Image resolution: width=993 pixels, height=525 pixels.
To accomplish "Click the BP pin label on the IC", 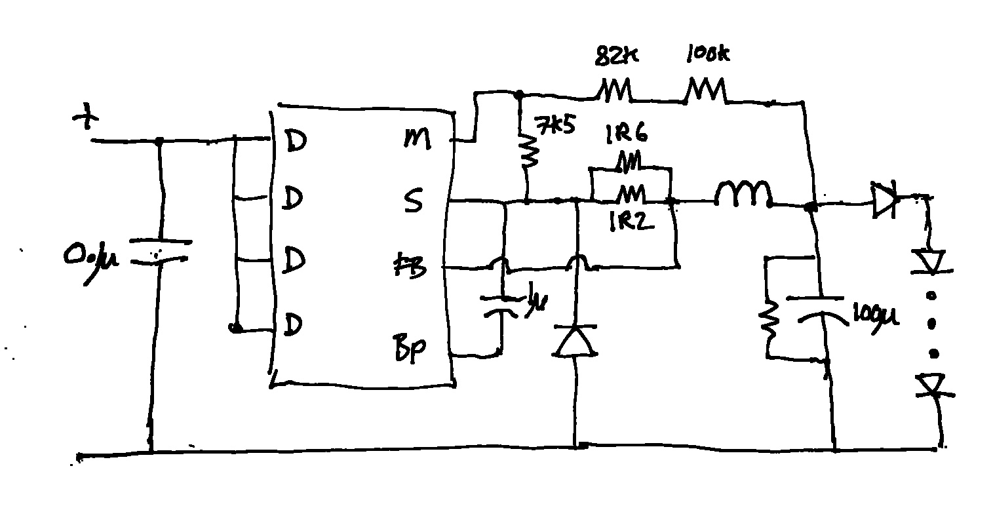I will pyautogui.click(x=410, y=349).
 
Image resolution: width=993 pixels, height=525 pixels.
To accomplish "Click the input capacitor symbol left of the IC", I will pyautogui.click(x=156, y=252).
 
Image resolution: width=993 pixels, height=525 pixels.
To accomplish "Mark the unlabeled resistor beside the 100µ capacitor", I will pyautogui.click(x=768, y=318).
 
